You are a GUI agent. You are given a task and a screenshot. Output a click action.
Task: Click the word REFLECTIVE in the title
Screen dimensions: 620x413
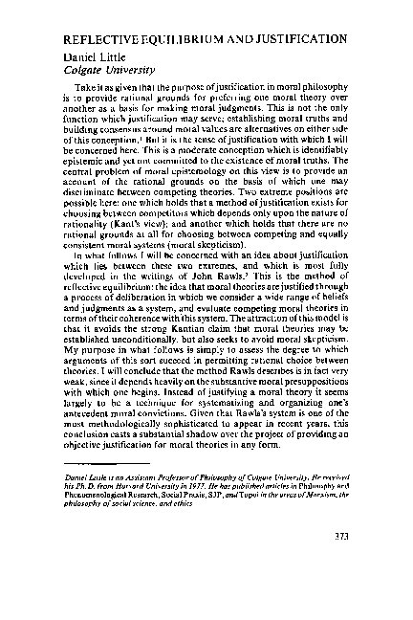tap(98, 45)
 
